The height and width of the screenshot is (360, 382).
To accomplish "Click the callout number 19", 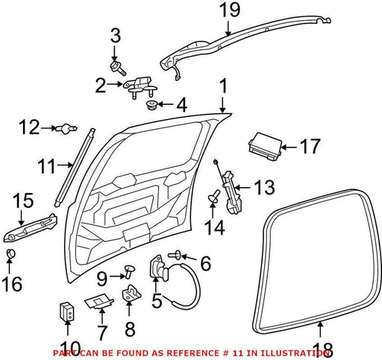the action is click(x=230, y=10).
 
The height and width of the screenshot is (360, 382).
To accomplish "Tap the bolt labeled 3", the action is click(x=118, y=68).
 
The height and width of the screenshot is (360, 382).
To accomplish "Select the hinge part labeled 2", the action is click(x=140, y=87).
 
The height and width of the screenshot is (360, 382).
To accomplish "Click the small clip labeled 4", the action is click(x=151, y=106).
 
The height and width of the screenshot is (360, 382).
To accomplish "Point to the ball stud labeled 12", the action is click(x=66, y=129).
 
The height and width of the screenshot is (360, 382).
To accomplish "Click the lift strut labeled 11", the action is click(x=75, y=168).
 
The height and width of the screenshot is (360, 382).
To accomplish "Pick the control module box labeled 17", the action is click(x=266, y=146).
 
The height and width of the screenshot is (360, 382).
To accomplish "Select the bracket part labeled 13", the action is click(x=233, y=192).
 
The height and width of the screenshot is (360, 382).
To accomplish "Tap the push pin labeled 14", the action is click(x=214, y=196).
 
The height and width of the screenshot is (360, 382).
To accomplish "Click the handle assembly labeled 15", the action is click(x=31, y=228).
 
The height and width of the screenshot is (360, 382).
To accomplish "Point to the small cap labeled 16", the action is click(x=10, y=253).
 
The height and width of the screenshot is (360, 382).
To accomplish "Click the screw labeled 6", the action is click(x=175, y=255).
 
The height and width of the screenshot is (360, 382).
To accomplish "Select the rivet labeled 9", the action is click(x=130, y=271).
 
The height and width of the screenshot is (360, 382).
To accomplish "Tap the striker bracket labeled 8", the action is click(x=131, y=293).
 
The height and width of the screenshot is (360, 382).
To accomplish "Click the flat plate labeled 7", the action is click(x=98, y=303).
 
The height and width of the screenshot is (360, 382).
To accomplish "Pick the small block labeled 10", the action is click(x=67, y=312).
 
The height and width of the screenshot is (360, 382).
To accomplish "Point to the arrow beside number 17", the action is click(x=289, y=147).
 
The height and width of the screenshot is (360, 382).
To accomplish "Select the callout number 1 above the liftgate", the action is click(x=224, y=86).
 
